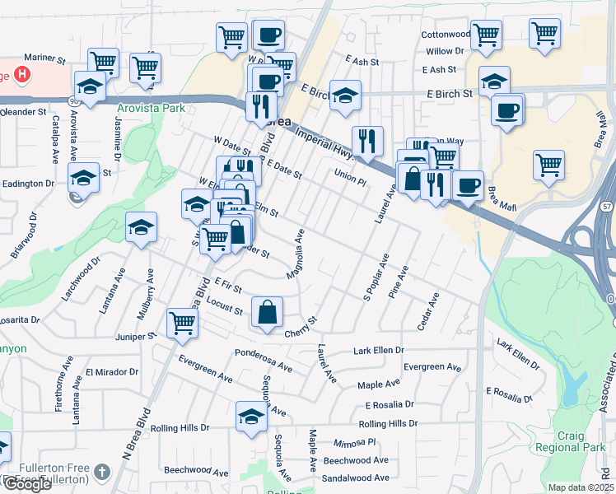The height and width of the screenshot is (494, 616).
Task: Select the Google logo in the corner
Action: point(27,484)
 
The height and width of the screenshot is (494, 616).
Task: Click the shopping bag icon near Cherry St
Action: point(268,313)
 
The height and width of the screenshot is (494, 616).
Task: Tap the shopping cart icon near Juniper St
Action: point(182,323)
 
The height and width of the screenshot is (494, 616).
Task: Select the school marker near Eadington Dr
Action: point(84,177)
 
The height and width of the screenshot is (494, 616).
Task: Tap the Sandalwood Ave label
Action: point(356,478)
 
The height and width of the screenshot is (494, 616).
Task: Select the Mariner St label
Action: point(44,59)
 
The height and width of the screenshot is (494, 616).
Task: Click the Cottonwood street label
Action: point(446,35)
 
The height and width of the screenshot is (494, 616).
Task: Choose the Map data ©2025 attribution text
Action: point(581,487)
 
